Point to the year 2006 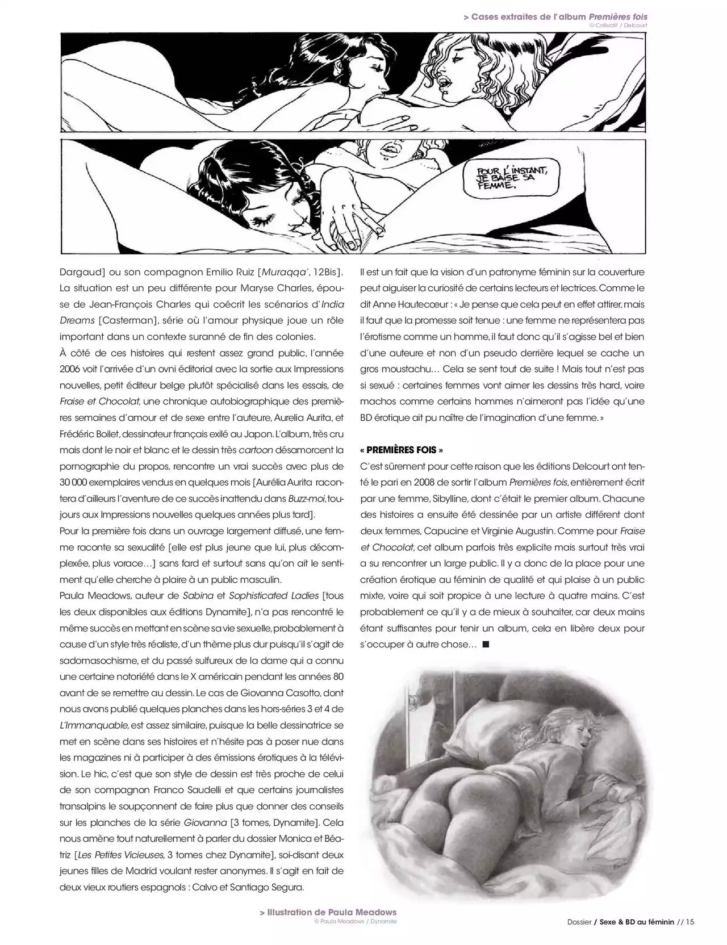click(71, 369)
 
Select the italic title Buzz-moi click(306, 499)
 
